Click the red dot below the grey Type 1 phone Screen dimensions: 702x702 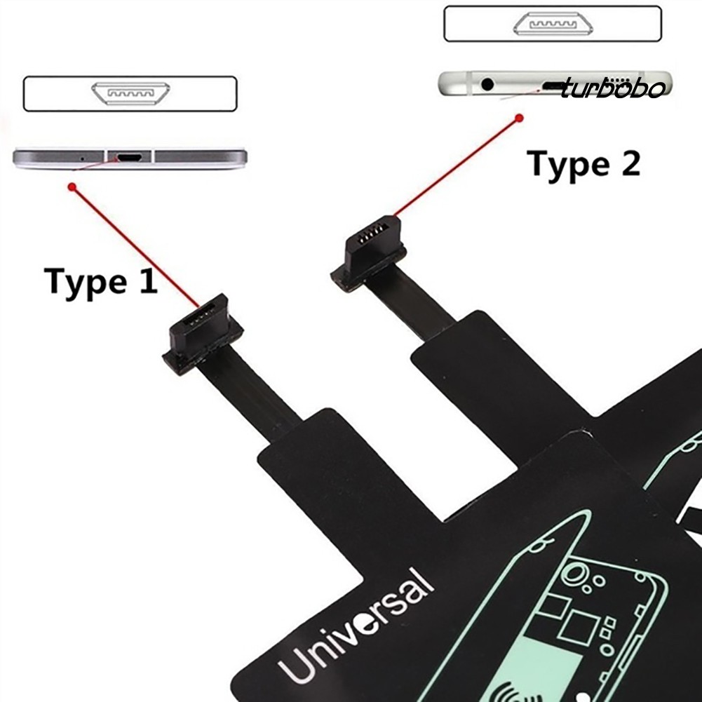click(x=72, y=187)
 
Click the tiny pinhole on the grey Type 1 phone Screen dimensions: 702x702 click(x=83, y=158)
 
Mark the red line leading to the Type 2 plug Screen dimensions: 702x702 click(x=456, y=167)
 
